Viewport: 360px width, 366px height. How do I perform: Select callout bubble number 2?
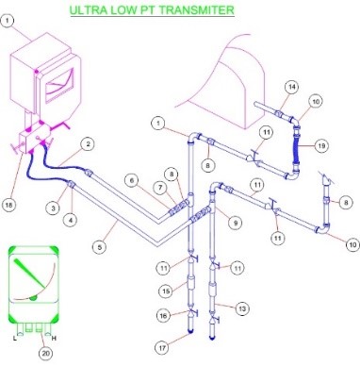click(x=89, y=144)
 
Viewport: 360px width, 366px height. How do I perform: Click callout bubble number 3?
click(x=54, y=208)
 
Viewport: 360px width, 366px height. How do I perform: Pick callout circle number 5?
click(x=100, y=247)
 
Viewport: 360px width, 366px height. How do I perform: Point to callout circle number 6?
click(x=132, y=180)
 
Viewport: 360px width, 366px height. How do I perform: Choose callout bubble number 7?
click(x=161, y=188)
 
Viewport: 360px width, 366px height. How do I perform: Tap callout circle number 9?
click(x=235, y=223)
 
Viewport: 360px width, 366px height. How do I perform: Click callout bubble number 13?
click(x=242, y=308)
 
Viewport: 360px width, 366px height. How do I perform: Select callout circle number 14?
click(x=292, y=87)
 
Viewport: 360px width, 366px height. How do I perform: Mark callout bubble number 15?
click(x=166, y=291)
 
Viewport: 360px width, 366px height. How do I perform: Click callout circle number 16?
click(x=163, y=315)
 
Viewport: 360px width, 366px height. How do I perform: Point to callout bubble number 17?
click(x=162, y=348)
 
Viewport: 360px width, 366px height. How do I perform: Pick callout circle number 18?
click(x=8, y=205)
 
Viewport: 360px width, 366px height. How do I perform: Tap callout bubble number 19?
click(x=321, y=145)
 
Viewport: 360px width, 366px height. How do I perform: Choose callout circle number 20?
click(x=46, y=354)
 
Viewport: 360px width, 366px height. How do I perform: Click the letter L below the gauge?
click(x=15, y=339)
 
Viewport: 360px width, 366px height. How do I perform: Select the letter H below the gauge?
click(x=54, y=339)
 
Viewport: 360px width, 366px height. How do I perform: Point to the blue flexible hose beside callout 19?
click(x=296, y=148)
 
